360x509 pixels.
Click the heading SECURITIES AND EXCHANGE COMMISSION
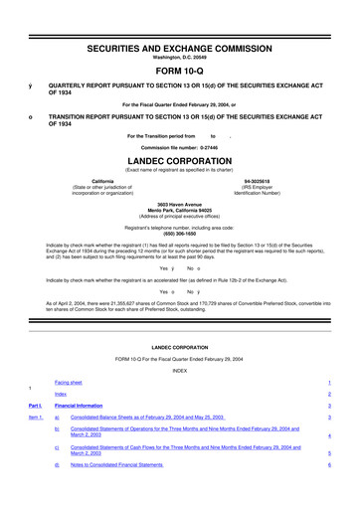click(x=179, y=20)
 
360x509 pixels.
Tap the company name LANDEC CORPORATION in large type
click(x=179, y=159)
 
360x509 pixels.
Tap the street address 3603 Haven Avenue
click(x=179, y=203)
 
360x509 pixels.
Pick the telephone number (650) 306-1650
click(x=179, y=231)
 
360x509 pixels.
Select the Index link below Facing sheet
click(x=62, y=394)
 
